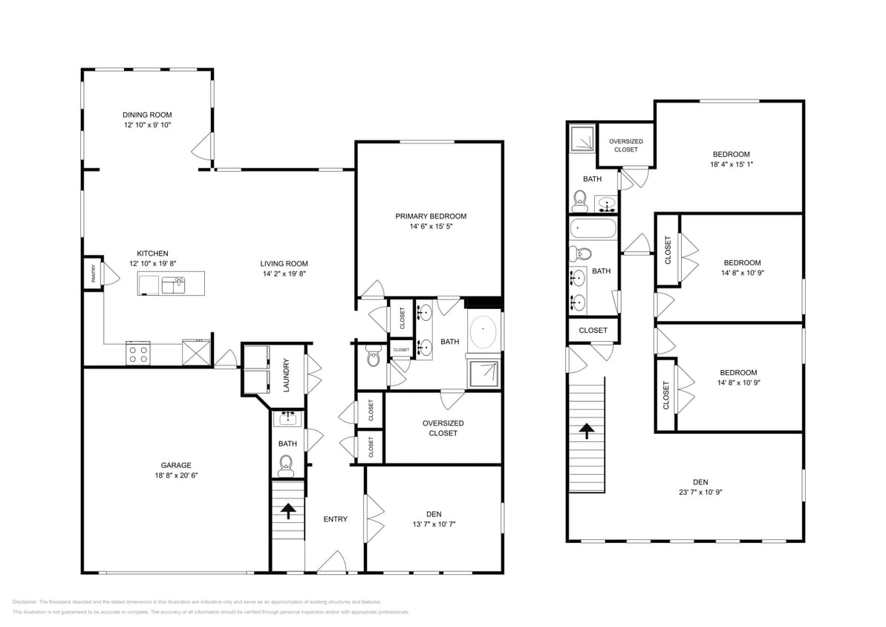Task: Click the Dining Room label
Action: (147, 114)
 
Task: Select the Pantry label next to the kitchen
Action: (93, 274)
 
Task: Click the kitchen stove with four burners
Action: (137, 354)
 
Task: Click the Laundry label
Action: (285, 375)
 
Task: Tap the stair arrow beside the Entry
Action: (287, 510)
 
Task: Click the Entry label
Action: (335, 519)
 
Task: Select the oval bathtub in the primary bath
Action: (484, 328)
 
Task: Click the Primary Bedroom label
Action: (431, 216)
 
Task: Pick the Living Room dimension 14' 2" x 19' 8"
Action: (284, 273)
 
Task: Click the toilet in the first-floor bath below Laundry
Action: (286, 466)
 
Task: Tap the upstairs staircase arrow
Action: (587, 430)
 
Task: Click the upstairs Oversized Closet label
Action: (625, 145)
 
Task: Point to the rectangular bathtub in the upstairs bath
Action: (593, 229)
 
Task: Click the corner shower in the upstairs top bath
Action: (583, 137)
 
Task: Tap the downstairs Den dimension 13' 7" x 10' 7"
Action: (434, 524)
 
